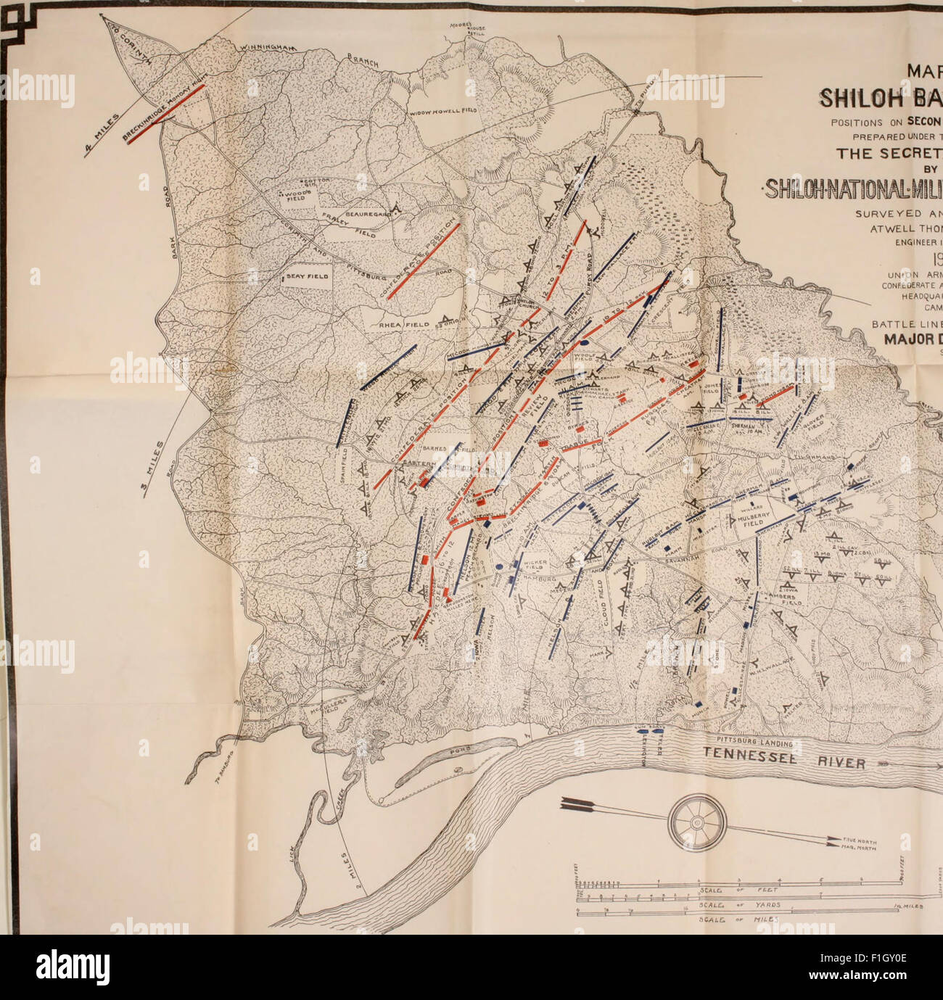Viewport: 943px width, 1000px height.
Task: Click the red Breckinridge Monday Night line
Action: click(165, 113)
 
